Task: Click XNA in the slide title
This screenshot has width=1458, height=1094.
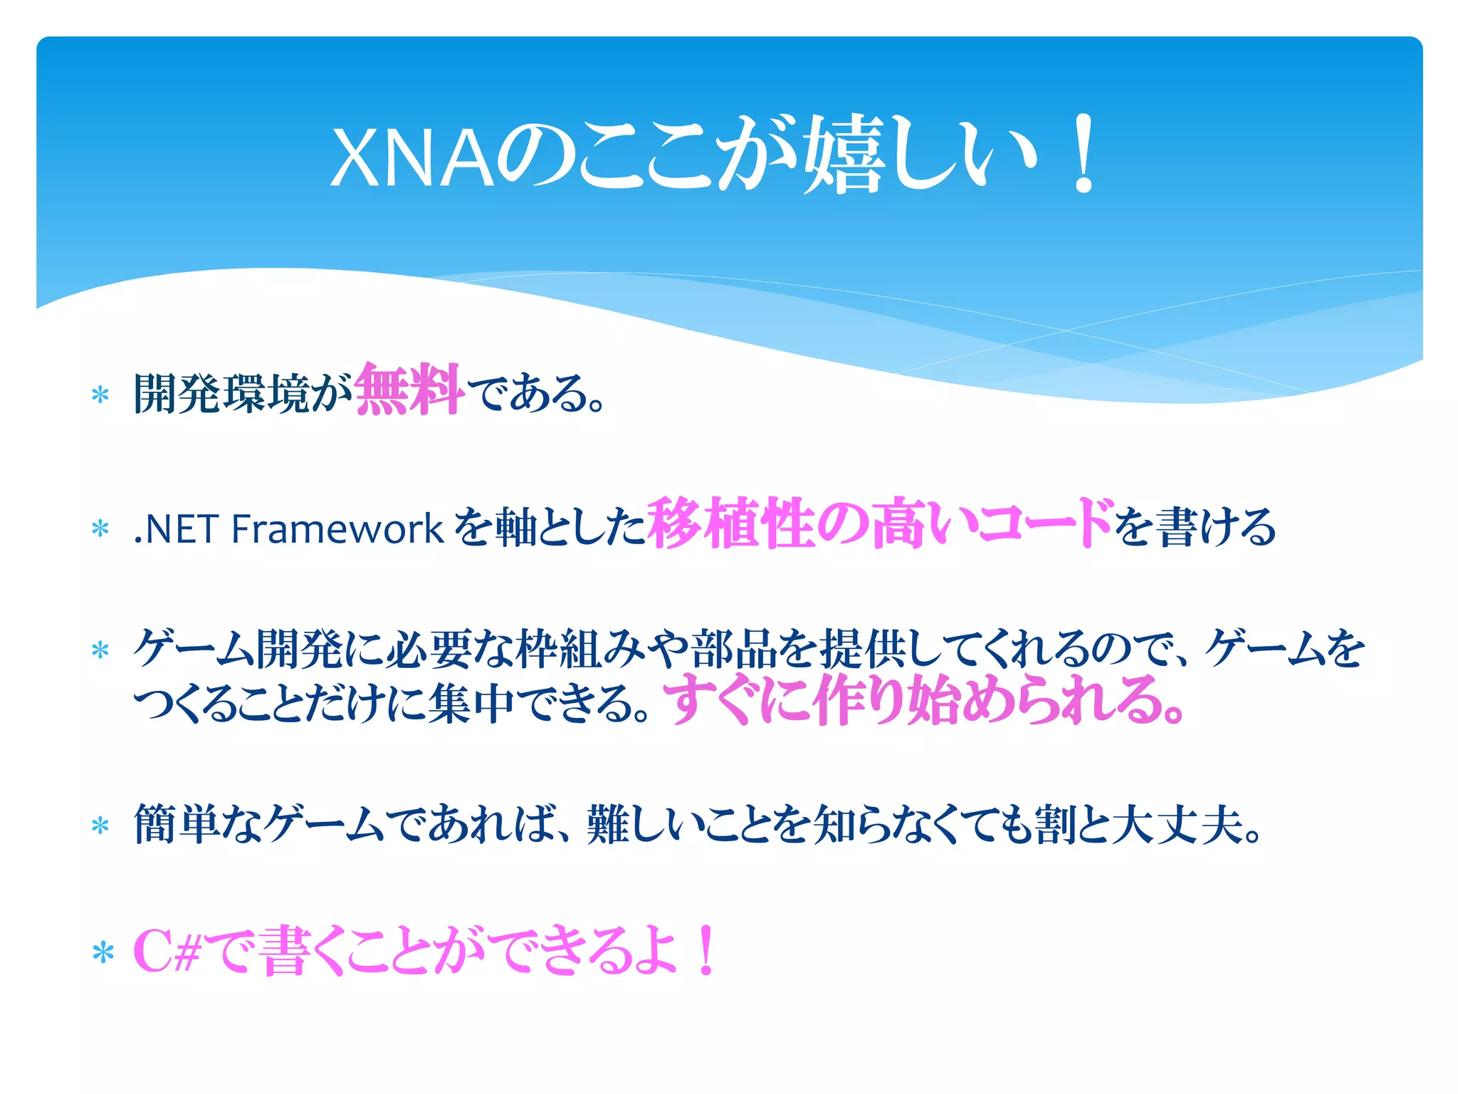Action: point(411,158)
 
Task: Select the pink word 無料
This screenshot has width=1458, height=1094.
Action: point(409,390)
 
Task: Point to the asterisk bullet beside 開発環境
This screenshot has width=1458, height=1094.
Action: point(100,395)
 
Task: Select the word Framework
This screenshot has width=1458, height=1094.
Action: point(337,529)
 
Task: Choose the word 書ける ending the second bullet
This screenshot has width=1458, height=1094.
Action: point(1215,528)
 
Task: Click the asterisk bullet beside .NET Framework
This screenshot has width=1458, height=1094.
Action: point(100,529)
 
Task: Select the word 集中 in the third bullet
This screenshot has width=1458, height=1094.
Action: point(471,704)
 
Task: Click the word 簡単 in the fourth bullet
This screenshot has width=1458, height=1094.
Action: point(177,824)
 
